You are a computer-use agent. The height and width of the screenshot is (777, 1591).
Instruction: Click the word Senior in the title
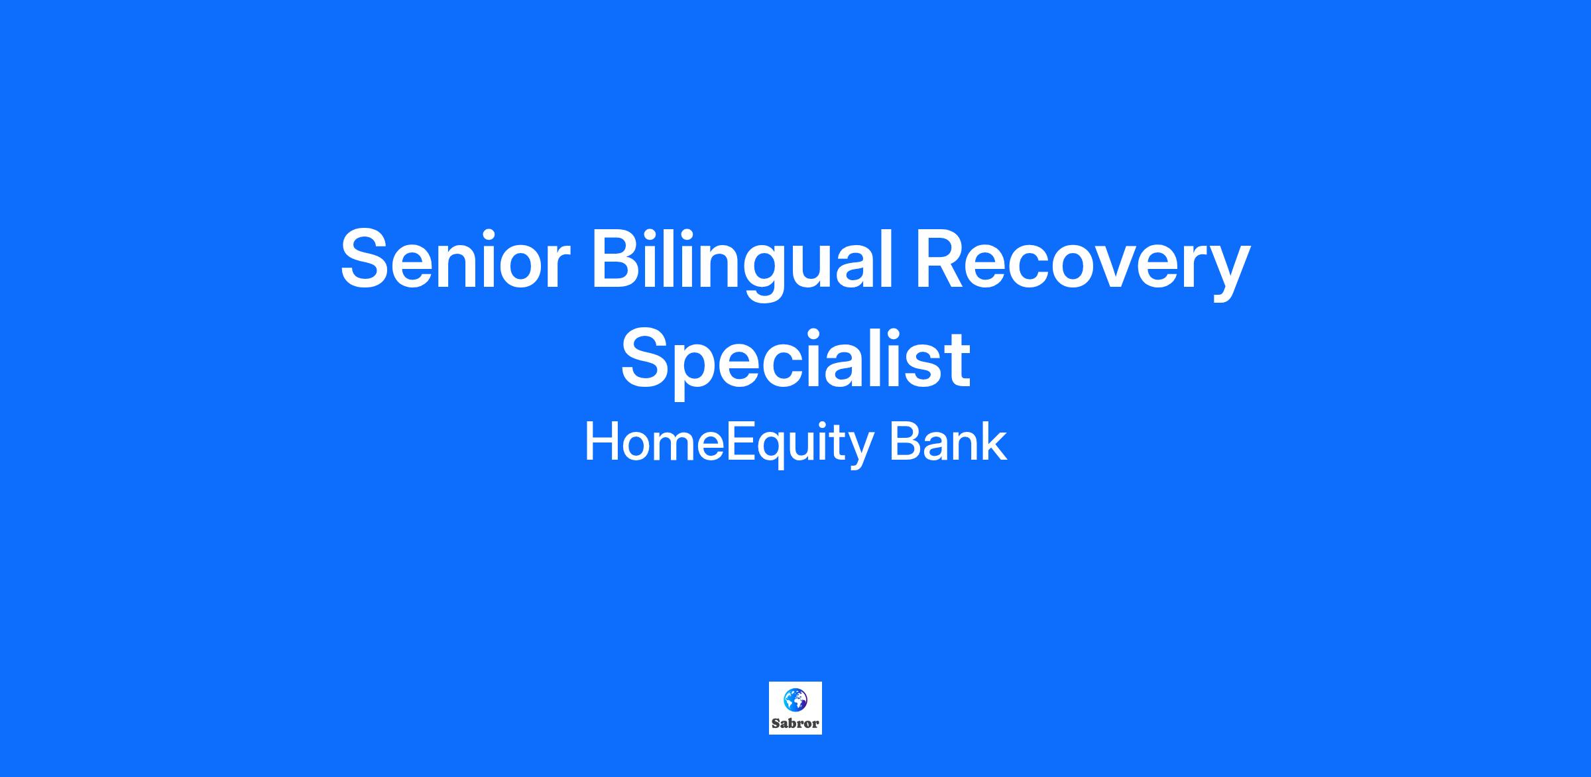[455, 259]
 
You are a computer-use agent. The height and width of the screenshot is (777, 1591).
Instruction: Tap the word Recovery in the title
[1083, 264]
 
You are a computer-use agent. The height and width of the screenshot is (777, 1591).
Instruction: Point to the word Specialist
[795, 362]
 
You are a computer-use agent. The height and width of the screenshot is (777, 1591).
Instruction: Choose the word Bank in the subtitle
[948, 441]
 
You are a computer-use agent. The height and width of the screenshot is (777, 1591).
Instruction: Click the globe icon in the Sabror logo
[795, 699]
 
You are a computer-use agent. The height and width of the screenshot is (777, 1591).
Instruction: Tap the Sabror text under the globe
[795, 723]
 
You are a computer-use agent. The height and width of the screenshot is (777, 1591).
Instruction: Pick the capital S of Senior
[369, 259]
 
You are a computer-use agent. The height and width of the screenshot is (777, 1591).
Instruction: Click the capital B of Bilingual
[619, 259]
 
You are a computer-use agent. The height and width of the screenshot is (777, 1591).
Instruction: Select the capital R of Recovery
[944, 259]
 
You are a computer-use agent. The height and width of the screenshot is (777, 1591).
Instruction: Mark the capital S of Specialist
[648, 357]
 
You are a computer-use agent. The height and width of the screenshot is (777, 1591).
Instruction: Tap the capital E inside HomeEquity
[740, 442]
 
